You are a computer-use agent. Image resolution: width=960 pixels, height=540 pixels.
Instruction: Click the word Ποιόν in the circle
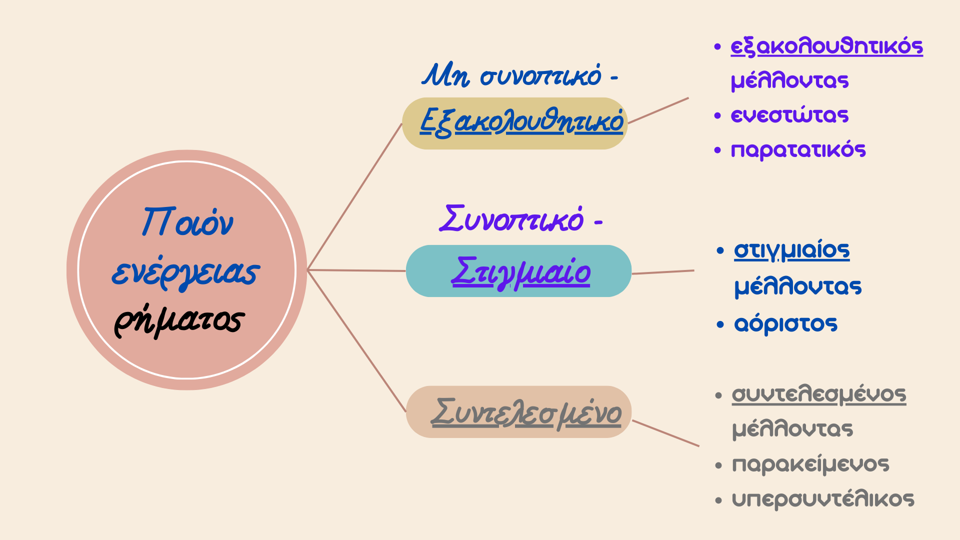pos(187,221)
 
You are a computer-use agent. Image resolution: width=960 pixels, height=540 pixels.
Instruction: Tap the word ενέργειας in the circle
pos(185,272)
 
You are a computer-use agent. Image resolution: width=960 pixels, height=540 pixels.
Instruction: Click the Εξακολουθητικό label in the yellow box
pos(521,121)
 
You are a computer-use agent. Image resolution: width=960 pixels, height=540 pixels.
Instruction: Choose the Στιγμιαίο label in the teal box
pos(520,272)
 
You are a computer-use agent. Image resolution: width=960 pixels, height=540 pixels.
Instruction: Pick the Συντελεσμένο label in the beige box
pos(526,413)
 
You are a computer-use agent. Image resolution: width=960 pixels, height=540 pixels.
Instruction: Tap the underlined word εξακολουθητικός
pos(826,46)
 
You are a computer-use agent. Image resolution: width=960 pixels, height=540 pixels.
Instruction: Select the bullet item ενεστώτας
pos(789,115)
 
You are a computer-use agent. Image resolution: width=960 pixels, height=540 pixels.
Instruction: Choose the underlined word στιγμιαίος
pos(791,250)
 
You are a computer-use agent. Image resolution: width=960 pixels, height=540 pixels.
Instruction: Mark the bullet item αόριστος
pos(785,324)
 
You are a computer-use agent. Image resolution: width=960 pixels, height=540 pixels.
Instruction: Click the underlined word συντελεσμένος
pos(819,394)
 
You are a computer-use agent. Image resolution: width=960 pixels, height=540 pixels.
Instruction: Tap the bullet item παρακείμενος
pos(810,464)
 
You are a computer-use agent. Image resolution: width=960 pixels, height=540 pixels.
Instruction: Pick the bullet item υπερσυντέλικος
pos(823,499)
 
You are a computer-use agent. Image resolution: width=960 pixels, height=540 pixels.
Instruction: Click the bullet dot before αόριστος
pos(720,324)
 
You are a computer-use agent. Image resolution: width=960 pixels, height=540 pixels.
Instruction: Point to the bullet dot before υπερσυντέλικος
pos(718,500)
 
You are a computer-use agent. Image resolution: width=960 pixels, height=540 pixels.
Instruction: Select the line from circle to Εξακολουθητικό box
pos(355,196)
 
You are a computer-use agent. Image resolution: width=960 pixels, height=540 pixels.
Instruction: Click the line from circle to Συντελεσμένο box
pos(356,341)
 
